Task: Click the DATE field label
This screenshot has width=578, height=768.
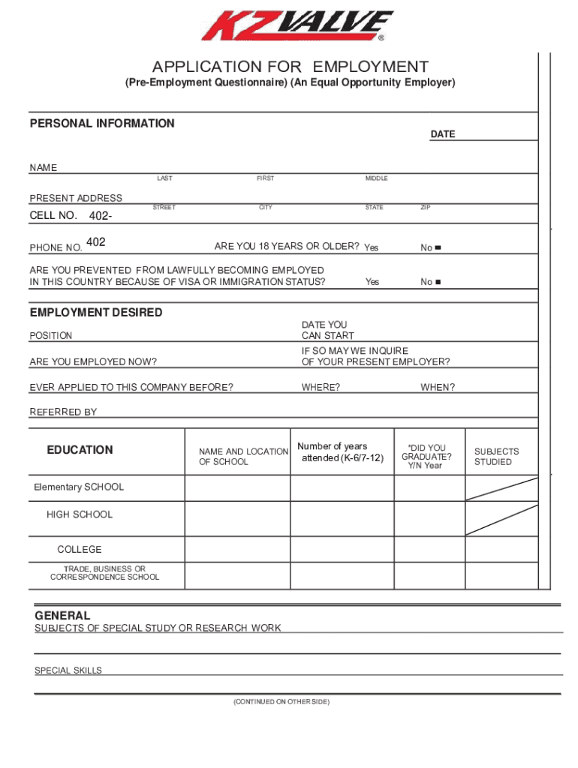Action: click(x=442, y=134)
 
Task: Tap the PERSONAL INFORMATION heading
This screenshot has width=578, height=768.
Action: click(x=102, y=123)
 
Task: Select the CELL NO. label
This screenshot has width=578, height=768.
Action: click(x=53, y=216)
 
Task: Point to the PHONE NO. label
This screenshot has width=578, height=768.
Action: click(x=56, y=247)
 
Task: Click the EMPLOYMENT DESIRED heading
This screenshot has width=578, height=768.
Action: click(x=96, y=312)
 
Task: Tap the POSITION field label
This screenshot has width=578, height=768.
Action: click(x=51, y=336)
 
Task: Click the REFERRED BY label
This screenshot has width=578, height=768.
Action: click(x=63, y=412)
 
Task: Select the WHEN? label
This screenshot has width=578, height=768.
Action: click(x=438, y=387)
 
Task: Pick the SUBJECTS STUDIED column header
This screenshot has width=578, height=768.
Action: click(x=496, y=457)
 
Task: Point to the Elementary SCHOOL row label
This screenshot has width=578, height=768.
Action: click(x=79, y=487)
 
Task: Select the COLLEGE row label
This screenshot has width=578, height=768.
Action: click(x=80, y=549)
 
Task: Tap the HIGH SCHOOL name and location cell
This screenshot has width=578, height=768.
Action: click(x=237, y=517)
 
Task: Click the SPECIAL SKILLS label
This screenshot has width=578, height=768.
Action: click(x=68, y=670)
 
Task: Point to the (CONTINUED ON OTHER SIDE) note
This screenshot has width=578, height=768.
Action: click(x=281, y=701)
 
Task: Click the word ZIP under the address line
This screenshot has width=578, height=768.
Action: click(x=426, y=207)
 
